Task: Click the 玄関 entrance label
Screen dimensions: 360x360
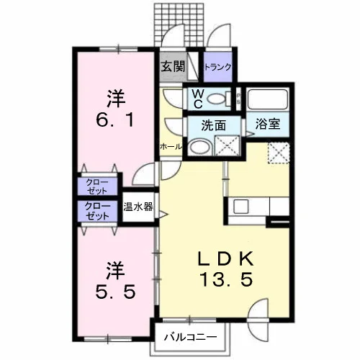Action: tap(173, 66)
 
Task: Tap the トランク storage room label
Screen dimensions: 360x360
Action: tap(217, 67)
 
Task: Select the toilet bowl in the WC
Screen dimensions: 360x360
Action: tap(216, 99)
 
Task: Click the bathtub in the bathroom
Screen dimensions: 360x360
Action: tap(268, 99)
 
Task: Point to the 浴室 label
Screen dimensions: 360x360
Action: tap(268, 124)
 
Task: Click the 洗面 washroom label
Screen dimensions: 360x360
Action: tap(214, 125)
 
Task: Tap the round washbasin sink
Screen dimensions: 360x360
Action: tap(199, 146)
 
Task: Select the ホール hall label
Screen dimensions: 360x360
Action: tap(171, 146)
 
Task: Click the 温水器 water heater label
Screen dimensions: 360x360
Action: tap(138, 207)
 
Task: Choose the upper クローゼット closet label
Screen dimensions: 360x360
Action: tap(97, 186)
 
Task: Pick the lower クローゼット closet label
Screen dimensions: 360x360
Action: tap(97, 211)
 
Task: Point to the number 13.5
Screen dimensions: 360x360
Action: tap(226, 280)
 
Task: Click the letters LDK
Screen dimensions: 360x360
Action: tap(225, 258)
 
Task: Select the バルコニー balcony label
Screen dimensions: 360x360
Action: tap(190, 337)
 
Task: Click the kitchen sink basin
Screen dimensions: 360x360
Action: tap(242, 206)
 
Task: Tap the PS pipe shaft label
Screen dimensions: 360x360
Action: tap(238, 99)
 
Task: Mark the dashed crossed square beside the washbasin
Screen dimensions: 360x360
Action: tap(227, 145)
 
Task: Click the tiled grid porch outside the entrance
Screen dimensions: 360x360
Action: tap(179, 24)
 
